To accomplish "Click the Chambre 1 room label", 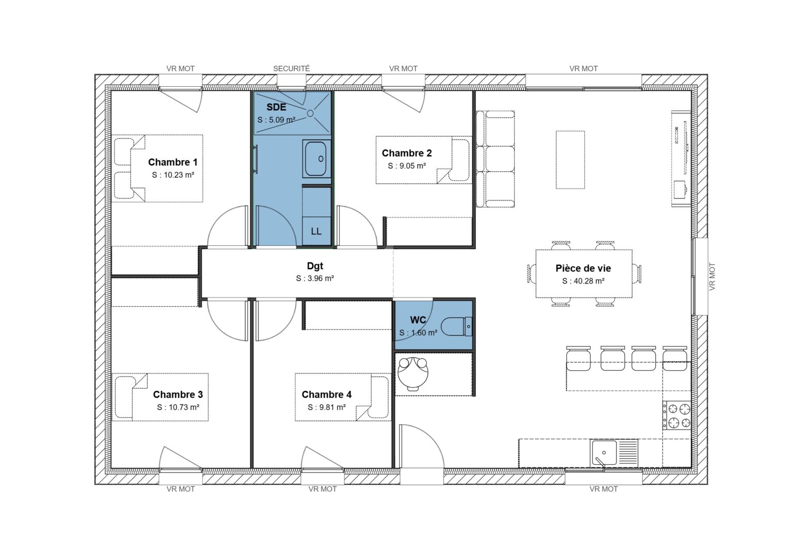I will [x=172, y=162].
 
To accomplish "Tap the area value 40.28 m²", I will [x=583, y=281].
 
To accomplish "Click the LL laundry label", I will [x=316, y=231].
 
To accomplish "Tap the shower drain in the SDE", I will [x=311, y=113].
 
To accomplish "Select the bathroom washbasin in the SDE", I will [x=315, y=159].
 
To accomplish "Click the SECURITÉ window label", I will [x=291, y=68].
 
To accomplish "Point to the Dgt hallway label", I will [x=315, y=266].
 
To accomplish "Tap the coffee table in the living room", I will [x=570, y=160].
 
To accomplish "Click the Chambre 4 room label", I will [x=326, y=395].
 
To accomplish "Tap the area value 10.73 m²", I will [x=178, y=407].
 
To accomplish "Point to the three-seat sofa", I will [x=495, y=159].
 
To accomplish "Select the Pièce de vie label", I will [x=583, y=269].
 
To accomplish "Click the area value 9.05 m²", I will [x=407, y=166].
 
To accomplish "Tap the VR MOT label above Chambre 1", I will [x=180, y=68].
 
